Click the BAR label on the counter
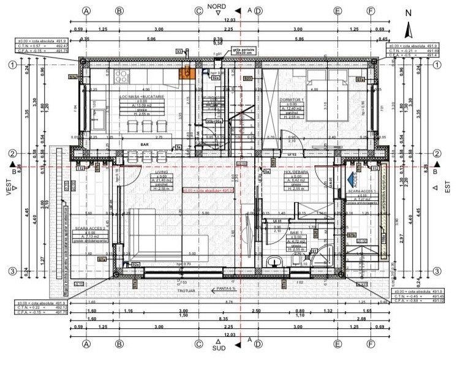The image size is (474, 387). pyautogui.click(x=145, y=146)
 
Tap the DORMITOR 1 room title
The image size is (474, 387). pyautogui.click(x=292, y=100)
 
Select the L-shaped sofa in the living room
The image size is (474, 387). pyautogui.click(x=153, y=236)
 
